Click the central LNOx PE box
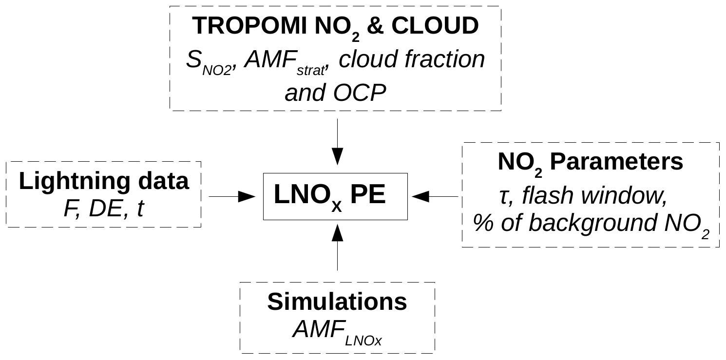pyautogui.click(x=335, y=196)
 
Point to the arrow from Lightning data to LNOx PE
pyautogui.click(x=232, y=196)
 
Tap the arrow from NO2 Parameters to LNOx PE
pyautogui.click(x=435, y=196)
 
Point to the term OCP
pyautogui.click(x=361, y=93)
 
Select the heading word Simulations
pyautogui.click(x=337, y=302)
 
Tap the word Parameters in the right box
pyautogui.click(x=616, y=163)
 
